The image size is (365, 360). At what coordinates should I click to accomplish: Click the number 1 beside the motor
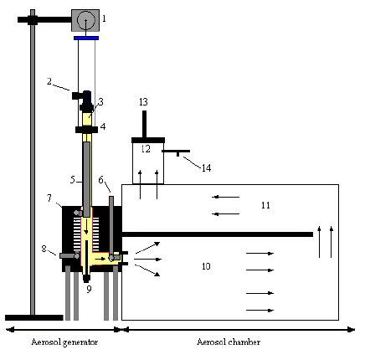click(x=104, y=17)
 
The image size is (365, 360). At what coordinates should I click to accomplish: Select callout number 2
click(x=50, y=81)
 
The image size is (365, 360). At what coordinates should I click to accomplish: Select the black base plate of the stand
click(x=33, y=317)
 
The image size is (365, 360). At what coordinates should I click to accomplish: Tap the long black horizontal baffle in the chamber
click(x=218, y=234)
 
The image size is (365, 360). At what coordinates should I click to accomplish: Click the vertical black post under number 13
click(x=144, y=124)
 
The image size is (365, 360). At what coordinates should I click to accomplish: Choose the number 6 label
click(x=101, y=179)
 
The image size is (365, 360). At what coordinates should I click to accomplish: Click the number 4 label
click(x=103, y=127)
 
